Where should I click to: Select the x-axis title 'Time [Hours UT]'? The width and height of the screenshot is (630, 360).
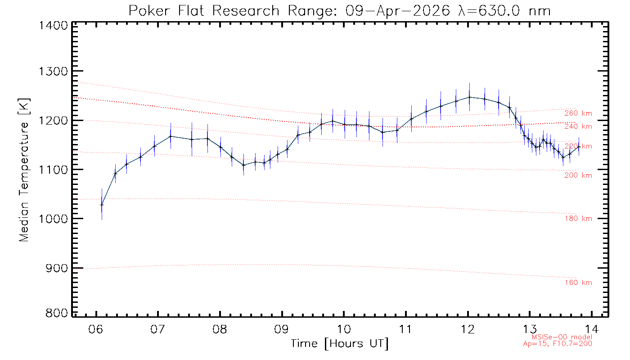[x=340, y=344]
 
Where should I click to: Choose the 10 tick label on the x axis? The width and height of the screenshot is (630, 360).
[x=344, y=328]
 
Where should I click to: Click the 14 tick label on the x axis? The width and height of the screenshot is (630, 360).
[x=593, y=328]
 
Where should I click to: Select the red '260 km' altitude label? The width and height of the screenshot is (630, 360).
[x=578, y=113]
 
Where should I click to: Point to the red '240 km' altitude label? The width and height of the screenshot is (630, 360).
[x=578, y=126]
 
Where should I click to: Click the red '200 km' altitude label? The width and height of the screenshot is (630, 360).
[x=578, y=175]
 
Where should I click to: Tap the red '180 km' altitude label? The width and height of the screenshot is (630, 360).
[x=578, y=219]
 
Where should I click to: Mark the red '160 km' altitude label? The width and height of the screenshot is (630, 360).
[x=578, y=283]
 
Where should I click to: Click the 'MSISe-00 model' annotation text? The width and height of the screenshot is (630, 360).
[x=562, y=337]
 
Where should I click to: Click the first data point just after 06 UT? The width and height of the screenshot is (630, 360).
[x=102, y=205]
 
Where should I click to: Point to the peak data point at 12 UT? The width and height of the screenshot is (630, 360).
[x=469, y=97]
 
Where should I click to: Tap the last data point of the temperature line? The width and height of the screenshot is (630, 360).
[x=579, y=147]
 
